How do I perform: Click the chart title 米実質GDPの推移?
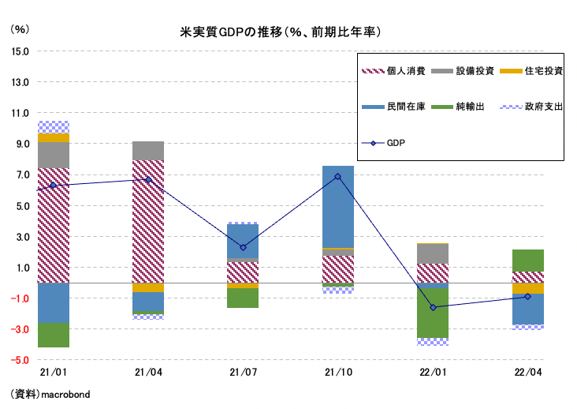click(x=281, y=32)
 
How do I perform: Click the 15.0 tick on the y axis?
click(x=19, y=51)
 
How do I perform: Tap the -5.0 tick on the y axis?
click(x=19, y=360)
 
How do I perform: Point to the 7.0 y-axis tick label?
click(x=21, y=174)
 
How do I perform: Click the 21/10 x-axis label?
click(x=337, y=370)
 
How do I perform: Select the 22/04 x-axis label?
click(x=527, y=370)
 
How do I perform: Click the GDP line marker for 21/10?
click(x=338, y=176)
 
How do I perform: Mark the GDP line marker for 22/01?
click(x=433, y=307)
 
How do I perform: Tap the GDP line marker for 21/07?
click(x=243, y=247)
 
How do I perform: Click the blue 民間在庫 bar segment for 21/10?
click(x=338, y=207)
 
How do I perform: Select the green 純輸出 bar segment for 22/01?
click(x=433, y=313)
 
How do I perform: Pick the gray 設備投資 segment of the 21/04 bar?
click(x=148, y=151)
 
